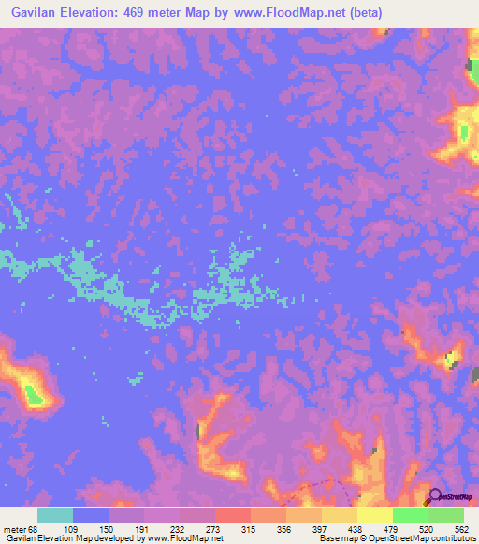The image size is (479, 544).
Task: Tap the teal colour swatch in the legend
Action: (x=55, y=515)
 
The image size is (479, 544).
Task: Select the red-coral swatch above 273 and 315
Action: (x=233, y=515)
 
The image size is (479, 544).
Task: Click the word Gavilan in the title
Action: (x=28, y=12)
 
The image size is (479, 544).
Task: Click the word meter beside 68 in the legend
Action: (x=15, y=527)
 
